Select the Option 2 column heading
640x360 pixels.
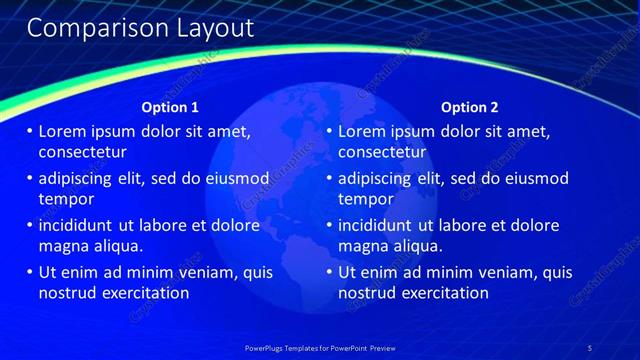[469, 107]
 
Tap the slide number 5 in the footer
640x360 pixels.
[590, 347]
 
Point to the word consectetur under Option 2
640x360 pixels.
[382, 153]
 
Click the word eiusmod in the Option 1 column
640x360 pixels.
[237, 178]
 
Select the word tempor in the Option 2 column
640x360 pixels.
[366, 199]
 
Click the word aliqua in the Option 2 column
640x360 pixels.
[416, 245]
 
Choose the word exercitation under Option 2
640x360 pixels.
[445, 293]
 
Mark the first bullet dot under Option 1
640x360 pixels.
[30, 132]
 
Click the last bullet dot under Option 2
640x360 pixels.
[330, 272]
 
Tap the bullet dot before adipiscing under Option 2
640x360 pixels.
[330, 179]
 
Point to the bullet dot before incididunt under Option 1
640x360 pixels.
[30, 225]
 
